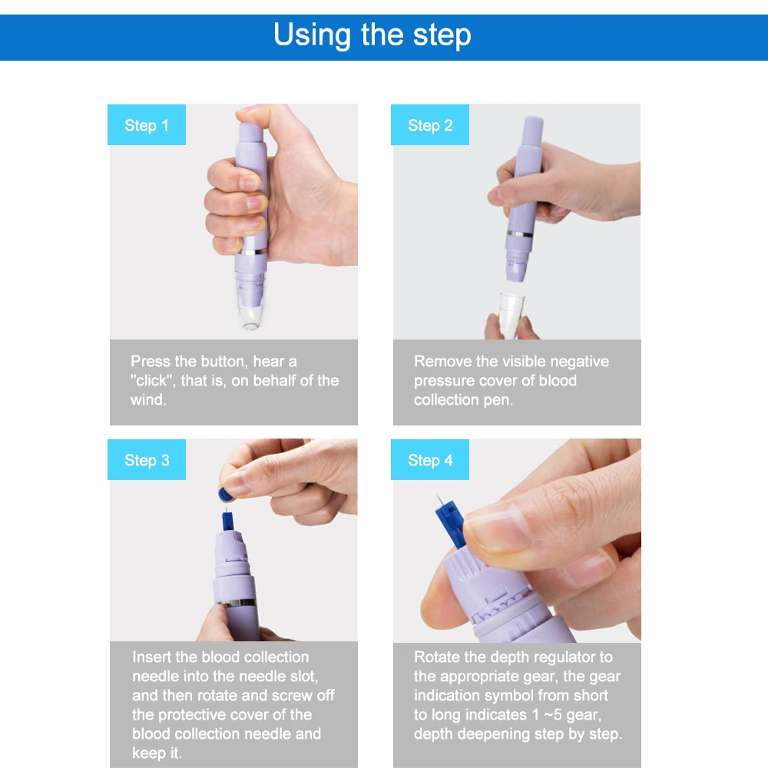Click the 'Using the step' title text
(x=372, y=35)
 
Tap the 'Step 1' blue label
(x=147, y=125)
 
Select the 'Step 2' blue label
(x=429, y=125)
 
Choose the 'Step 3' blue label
(x=147, y=459)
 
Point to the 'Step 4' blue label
(x=429, y=459)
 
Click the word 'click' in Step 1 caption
(x=152, y=381)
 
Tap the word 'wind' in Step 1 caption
(x=147, y=399)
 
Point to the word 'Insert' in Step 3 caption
(x=151, y=657)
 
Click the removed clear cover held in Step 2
(x=511, y=314)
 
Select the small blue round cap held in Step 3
(x=226, y=494)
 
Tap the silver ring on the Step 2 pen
(x=519, y=234)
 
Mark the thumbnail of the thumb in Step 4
(x=495, y=528)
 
